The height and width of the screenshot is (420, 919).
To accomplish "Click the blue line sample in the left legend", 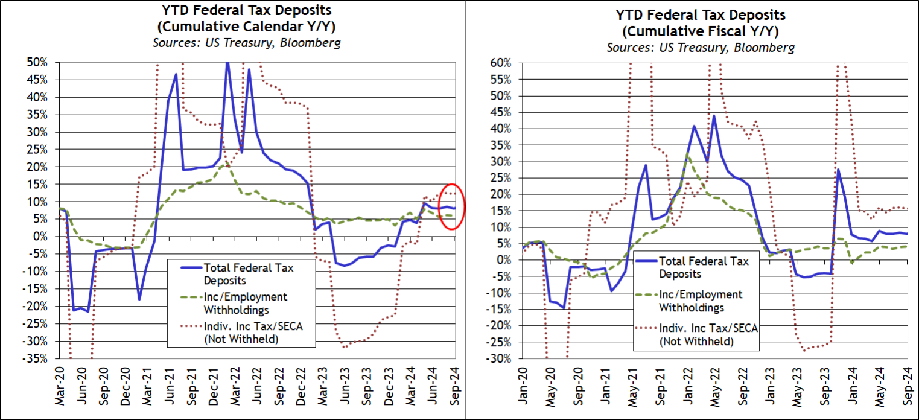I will pyautogui.click(x=186, y=268).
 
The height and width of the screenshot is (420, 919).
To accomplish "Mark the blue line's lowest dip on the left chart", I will pyautogui.click(x=89, y=311).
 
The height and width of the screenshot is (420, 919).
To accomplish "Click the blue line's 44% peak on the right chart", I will pyautogui.click(x=714, y=116).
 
